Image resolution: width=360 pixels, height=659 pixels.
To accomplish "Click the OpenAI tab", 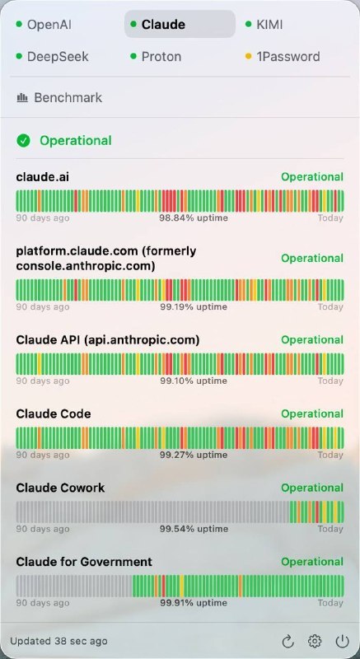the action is click(x=44, y=25).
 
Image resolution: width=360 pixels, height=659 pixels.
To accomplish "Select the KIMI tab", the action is click(x=264, y=25).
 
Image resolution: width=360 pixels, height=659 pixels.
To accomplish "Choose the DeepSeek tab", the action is click(x=53, y=56).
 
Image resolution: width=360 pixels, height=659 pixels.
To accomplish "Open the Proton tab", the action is click(x=157, y=56).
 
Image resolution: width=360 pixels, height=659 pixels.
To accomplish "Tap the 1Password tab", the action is click(x=283, y=56).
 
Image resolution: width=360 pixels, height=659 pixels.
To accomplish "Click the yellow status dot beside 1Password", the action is click(x=248, y=56).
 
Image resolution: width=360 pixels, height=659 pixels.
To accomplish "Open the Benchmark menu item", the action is click(x=59, y=97).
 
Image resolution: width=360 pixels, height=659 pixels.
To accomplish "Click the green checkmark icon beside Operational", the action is click(x=23, y=140).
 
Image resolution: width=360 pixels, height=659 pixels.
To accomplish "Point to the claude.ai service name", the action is click(x=43, y=177).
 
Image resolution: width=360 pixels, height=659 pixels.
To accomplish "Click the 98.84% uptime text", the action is click(x=194, y=217).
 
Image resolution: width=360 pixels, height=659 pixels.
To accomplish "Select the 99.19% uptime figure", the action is click(x=194, y=306).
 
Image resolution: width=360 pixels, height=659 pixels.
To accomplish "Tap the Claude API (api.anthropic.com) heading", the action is click(x=108, y=339).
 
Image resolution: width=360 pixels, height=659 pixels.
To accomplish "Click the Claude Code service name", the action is click(x=54, y=414).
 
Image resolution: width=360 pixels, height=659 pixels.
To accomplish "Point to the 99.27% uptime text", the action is click(x=194, y=455).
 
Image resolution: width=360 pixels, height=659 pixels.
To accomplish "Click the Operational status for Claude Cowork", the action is click(x=312, y=488).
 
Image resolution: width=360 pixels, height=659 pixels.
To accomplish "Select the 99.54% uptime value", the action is click(x=194, y=529).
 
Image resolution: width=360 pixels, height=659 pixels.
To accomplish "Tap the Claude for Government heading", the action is click(x=84, y=562).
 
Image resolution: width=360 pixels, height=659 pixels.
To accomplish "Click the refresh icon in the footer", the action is click(x=288, y=642).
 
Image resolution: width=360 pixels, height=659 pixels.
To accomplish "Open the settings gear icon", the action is click(x=315, y=642).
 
